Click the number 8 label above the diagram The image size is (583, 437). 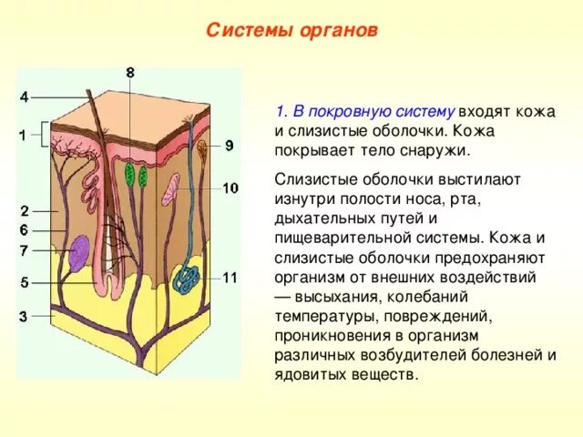pos(130,72)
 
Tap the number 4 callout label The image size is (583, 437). pos(24,97)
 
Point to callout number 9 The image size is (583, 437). pos(229,145)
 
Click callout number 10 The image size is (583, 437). pos(230,188)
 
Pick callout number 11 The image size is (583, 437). pos(230,277)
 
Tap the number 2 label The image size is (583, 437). pos(24,211)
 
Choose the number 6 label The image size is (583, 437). pos(24,230)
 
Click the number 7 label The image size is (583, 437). pos(24,249)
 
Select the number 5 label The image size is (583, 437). pos(24,282)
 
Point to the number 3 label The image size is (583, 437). pos(24,316)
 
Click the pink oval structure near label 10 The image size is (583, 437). pos(173,191)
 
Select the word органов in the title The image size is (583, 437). pos(337,30)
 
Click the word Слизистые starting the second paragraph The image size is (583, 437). pos(310,179)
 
